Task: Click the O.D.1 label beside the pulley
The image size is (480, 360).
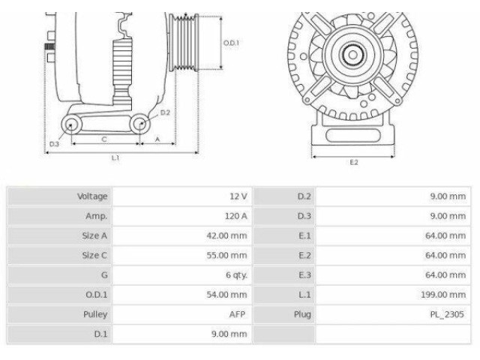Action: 231,43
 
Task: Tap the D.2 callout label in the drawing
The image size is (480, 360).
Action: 165,112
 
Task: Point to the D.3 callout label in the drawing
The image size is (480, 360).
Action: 54,144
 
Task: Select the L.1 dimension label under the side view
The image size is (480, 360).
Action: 115,158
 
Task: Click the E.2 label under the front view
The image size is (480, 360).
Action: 354,162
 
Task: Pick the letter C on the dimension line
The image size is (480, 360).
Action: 104,139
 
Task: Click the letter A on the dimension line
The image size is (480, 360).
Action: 157,139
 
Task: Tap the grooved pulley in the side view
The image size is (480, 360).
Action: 184,43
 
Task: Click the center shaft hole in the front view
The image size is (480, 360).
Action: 353,55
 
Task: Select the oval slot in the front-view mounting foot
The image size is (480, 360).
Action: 353,136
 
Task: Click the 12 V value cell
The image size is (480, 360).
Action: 238,196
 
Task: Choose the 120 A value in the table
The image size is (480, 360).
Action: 235,216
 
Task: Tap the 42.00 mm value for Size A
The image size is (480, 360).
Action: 226,235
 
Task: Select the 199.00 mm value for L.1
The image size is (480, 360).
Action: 443,295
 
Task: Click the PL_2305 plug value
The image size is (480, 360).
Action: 447,314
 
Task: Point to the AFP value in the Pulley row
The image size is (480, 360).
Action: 237,314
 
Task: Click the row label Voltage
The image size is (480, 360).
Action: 92,196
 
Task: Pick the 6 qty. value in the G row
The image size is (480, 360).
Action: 236,275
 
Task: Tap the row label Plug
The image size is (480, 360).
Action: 302,314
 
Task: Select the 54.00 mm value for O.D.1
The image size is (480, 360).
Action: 226,295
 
